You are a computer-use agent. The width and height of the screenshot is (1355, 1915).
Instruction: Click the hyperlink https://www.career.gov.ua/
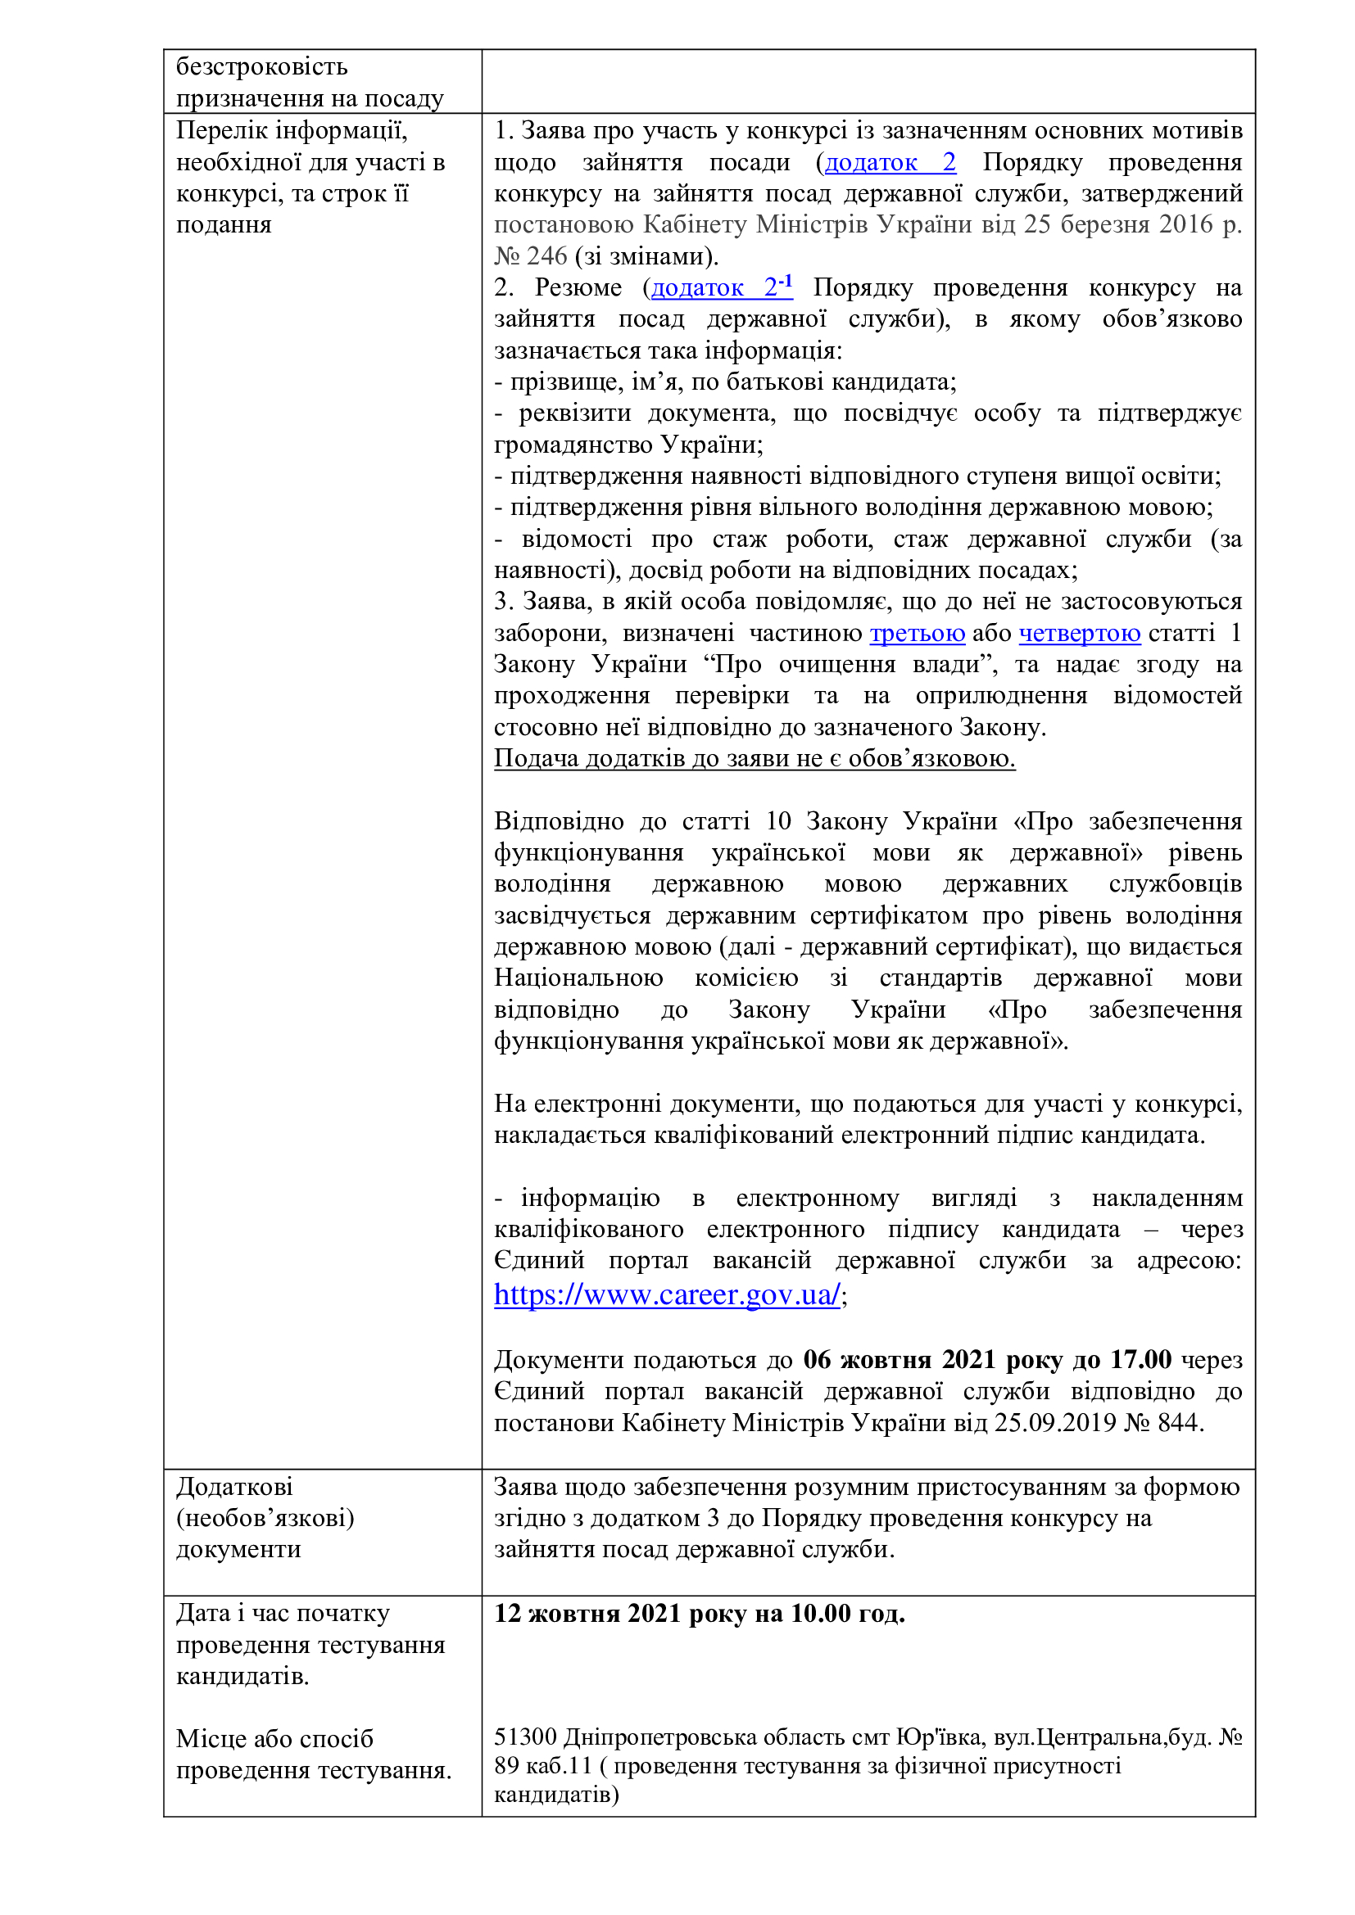click(x=666, y=1294)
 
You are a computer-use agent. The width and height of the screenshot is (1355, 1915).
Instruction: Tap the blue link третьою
click(x=917, y=633)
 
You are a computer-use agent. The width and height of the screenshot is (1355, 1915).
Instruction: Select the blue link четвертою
click(x=1079, y=633)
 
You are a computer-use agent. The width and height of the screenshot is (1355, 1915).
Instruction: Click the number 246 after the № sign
click(x=546, y=256)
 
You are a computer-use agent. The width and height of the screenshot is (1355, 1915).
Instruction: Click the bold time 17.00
click(x=1140, y=1361)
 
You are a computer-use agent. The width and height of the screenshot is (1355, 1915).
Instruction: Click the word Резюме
click(x=578, y=287)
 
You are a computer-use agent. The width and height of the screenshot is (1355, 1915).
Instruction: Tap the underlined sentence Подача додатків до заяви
click(x=754, y=758)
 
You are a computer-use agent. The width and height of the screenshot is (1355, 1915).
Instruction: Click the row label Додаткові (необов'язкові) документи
click(x=265, y=1518)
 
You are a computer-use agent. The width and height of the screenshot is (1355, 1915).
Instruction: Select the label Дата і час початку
click(x=282, y=1614)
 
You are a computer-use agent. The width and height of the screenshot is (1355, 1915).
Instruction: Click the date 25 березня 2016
click(x=1117, y=224)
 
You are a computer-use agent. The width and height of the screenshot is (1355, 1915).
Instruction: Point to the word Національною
click(x=578, y=978)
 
